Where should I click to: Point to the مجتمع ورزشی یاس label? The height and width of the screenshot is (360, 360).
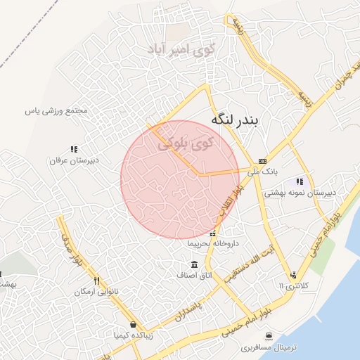(x=56, y=110)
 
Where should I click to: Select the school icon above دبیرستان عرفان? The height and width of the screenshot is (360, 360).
(x=74, y=149)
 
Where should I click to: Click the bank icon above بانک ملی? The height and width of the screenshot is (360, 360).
(x=262, y=160)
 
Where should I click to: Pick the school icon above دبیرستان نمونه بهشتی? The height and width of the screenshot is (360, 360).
(x=300, y=181)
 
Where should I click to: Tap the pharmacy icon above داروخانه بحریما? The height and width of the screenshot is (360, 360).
(x=213, y=233)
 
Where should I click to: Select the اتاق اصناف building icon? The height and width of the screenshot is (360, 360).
(x=194, y=264)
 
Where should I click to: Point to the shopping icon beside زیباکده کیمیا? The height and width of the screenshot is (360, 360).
(x=133, y=325)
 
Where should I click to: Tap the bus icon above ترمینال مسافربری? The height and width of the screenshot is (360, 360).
(x=268, y=337)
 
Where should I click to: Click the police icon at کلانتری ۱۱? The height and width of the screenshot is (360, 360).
(x=292, y=276)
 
